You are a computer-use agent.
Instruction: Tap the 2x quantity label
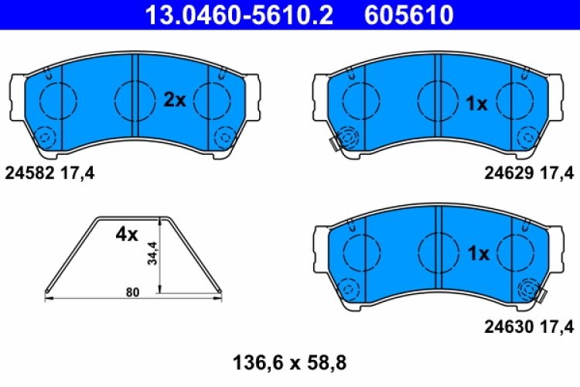coord(175,99)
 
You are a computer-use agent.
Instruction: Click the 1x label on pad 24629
coord(477,104)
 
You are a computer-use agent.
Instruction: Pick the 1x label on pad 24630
coord(477,254)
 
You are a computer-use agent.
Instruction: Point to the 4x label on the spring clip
coord(126,234)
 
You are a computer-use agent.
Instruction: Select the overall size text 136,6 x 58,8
coord(289,361)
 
